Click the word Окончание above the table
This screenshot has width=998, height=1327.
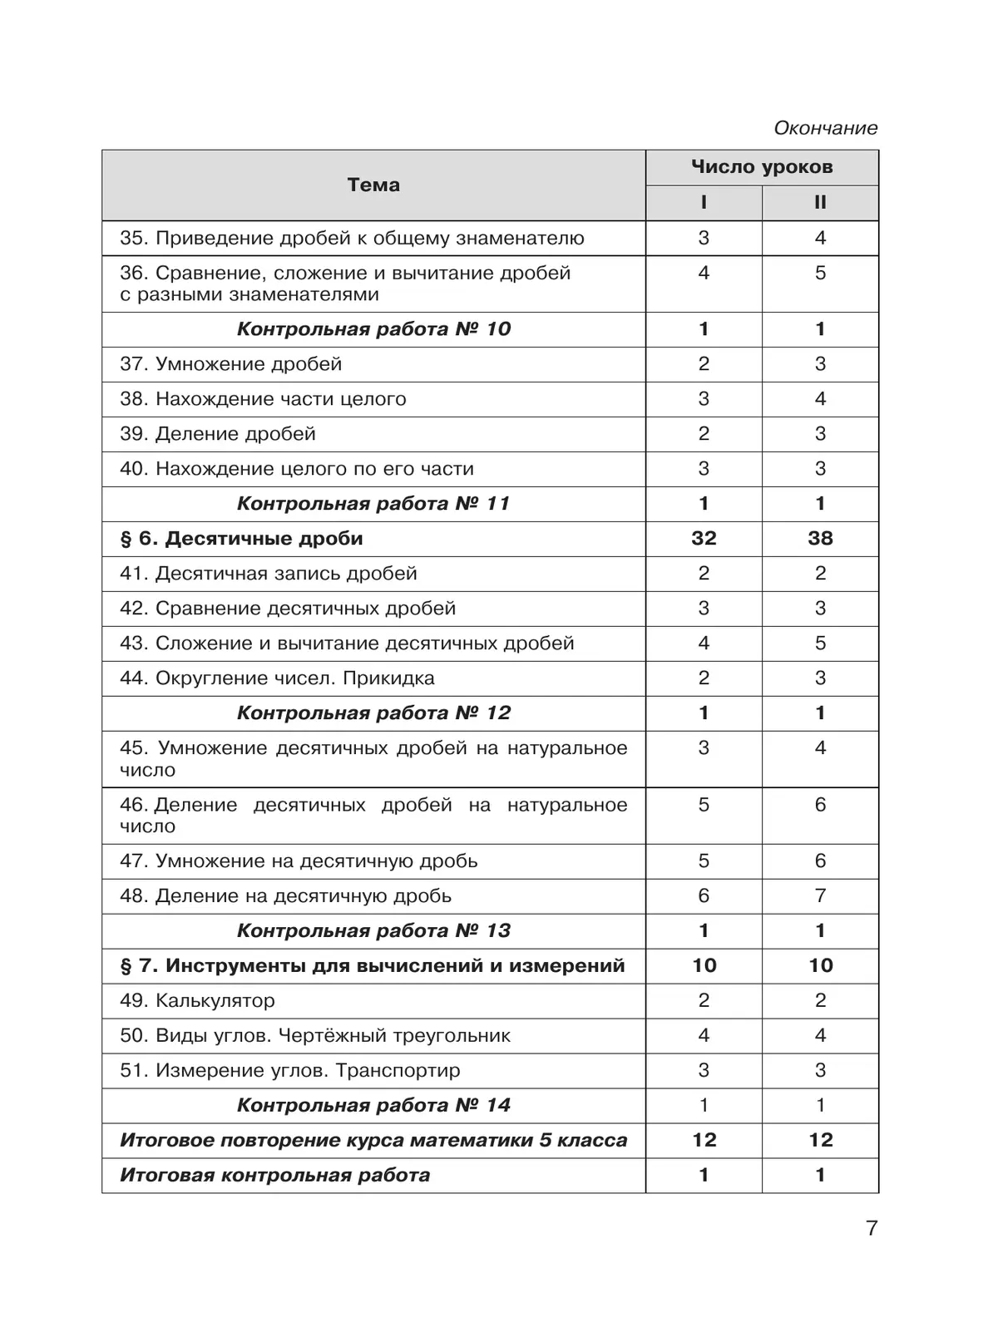pos(825,128)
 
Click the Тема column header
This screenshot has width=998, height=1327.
pos(373,185)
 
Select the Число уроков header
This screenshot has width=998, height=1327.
pos(762,167)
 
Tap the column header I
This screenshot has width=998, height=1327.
pos(704,203)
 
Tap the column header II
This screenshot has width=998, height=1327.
pos(820,203)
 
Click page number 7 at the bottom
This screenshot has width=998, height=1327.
pos(872,1228)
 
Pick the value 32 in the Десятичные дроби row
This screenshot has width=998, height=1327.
pos(704,539)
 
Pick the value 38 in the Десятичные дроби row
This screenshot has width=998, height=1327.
pos(820,539)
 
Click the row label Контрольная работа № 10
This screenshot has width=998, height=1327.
pos(373,329)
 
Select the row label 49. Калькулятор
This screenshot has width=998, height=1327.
pos(197,1001)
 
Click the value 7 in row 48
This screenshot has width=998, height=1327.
pos(820,896)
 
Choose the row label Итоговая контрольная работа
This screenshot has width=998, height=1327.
pos(274,1176)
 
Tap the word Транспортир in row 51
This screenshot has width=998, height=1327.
pos(398,1071)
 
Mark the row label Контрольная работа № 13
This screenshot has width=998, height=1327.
pos(373,931)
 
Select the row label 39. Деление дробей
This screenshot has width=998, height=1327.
pos(218,434)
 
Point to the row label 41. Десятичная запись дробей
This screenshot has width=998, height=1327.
pos(268,574)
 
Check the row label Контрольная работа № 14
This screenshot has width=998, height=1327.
pos(373,1106)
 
